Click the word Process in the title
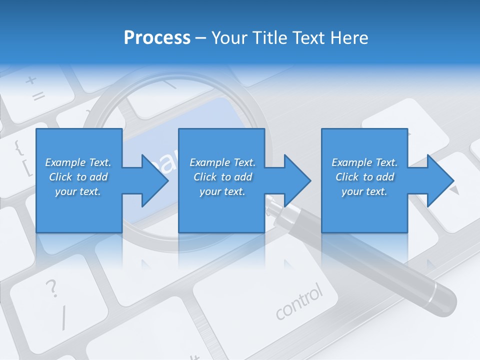157,37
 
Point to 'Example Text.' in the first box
78,162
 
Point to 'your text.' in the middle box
222,191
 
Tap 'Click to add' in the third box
364,177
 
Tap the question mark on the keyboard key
51,289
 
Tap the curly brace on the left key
18,147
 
